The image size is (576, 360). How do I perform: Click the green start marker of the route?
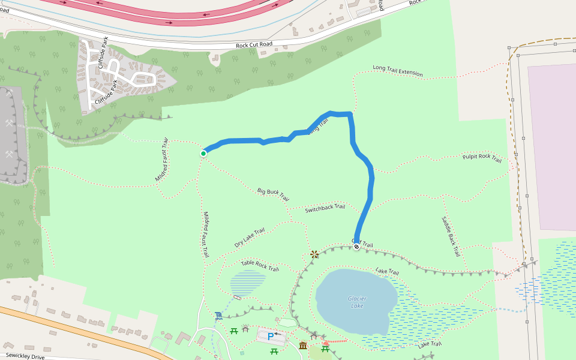(x=203, y=154)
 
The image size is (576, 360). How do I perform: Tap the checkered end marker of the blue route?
(x=356, y=246)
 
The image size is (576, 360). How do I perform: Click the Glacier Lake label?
(x=356, y=302)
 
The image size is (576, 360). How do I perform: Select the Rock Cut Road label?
(x=254, y=45)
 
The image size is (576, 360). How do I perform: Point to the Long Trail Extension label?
(x=397, y=71)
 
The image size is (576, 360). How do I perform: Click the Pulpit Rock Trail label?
(x=482, y=158)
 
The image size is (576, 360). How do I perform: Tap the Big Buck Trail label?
(x=273, y=194)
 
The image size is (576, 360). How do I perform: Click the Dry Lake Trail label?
(x=250, y=238)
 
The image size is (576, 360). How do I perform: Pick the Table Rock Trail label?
(x=260, y=265)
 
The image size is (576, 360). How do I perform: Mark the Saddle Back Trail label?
(x=451, y=236)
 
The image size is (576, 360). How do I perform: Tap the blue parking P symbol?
(x=271, y=337)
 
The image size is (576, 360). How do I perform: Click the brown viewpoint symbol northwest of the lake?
(x=314, y=254)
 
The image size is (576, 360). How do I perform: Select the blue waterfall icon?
(x=218, y=316)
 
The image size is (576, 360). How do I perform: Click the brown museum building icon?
(x=303, y=346)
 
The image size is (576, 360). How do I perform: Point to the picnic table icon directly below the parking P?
(x=274, y=351)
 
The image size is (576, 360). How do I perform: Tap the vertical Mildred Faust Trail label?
(x=205, y=235)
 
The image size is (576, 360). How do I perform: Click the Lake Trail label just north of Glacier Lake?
(x=387, y=272)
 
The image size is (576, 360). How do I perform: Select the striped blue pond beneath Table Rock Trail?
(x=248, y=282)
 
